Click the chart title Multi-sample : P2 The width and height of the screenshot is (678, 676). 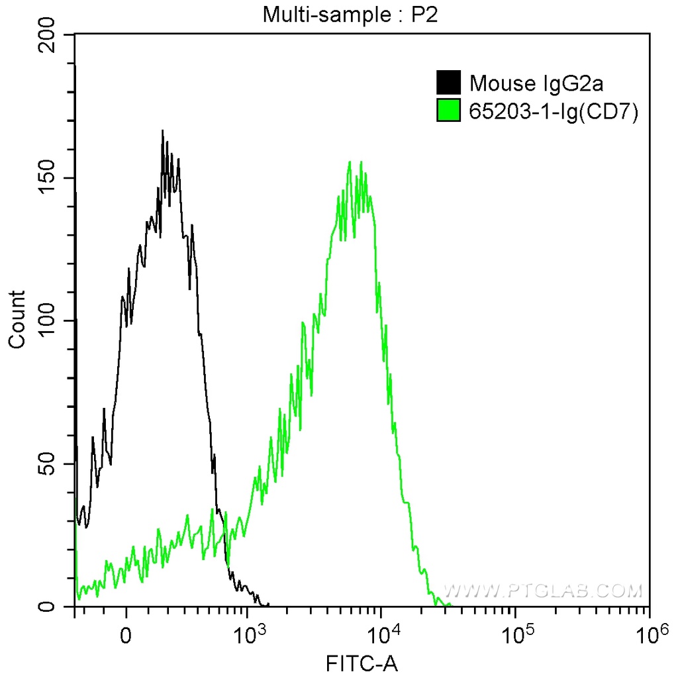(x=351, y=15)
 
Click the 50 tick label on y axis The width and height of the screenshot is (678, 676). (x=51, y=464)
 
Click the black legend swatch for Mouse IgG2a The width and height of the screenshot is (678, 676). (x=448, y=83)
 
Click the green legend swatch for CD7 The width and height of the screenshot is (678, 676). (x=448, y=112)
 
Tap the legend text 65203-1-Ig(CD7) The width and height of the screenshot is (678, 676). (x=553, y=112)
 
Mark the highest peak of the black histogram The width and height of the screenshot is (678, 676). (x=162, y=131)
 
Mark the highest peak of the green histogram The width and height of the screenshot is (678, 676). (x=350, y=162)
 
